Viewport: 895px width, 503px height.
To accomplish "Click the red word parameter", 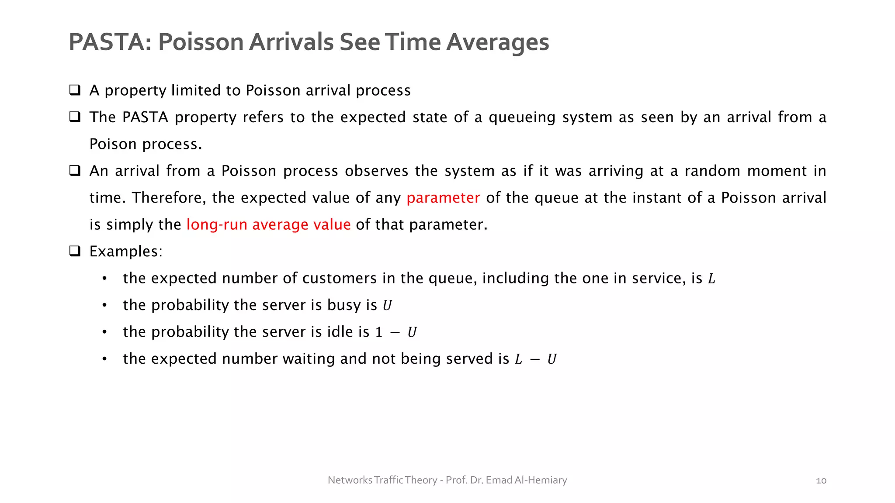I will click(x=443, y=198).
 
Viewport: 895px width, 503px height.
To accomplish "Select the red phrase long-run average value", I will click(x=268, y=224).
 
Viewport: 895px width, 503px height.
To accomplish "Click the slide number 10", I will click(x=821, y=481).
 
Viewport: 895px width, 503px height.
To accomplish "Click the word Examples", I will click(x=125, y=251).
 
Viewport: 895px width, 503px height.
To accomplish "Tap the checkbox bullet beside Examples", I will click(x=75, y=251).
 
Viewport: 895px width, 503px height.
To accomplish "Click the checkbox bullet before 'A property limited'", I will click(x=75, y=90).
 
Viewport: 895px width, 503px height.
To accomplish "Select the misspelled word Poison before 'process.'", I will click(x=113, y=144).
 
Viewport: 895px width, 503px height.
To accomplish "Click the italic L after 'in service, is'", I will click(x=712, y=279).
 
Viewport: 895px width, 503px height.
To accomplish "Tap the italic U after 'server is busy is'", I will click(x=387, y=306).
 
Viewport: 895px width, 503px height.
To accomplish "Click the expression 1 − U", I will click(x=396, y=333).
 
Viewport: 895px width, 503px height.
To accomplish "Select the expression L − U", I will click(x=535, y=359).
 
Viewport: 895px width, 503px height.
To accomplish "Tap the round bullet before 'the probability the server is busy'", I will click(x=104, y=305).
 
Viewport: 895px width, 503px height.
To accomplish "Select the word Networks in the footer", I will click(x=350, y=480).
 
